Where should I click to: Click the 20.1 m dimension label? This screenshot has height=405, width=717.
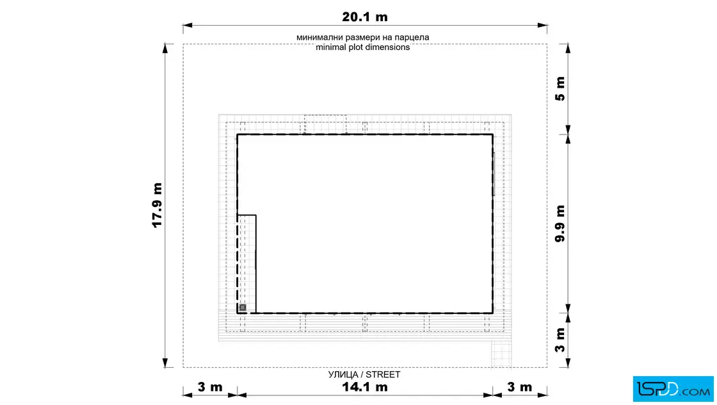[364, 17]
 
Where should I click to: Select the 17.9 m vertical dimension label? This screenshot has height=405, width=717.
[157, 205]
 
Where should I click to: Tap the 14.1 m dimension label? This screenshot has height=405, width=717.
[364, 387]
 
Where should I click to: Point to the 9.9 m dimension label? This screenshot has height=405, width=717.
[560, 223]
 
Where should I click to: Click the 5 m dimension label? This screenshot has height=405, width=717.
[560, 89]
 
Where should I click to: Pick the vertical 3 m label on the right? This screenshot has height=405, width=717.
[560, 340]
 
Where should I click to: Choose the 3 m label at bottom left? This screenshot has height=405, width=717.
[210, 387]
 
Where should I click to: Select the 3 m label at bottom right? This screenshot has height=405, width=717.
[519, 387]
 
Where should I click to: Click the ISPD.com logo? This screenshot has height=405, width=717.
[673, 389]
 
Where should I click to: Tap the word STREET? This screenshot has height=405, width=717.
[383, 374]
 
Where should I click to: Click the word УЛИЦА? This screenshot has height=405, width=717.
[343, 374]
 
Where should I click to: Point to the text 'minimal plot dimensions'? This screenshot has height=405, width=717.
[362, 47]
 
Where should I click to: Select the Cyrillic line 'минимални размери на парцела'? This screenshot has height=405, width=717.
[362, 37]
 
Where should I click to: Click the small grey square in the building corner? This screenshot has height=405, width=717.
[243, 308]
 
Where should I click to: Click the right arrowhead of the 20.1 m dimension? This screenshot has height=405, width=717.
[542, 26]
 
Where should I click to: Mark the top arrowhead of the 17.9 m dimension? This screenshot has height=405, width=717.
[165, 49]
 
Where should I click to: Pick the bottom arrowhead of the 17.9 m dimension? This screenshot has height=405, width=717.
[165, 363]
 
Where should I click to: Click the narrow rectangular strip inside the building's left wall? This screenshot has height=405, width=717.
[247, 264]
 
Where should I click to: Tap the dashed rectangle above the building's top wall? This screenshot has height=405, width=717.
[325, 124]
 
